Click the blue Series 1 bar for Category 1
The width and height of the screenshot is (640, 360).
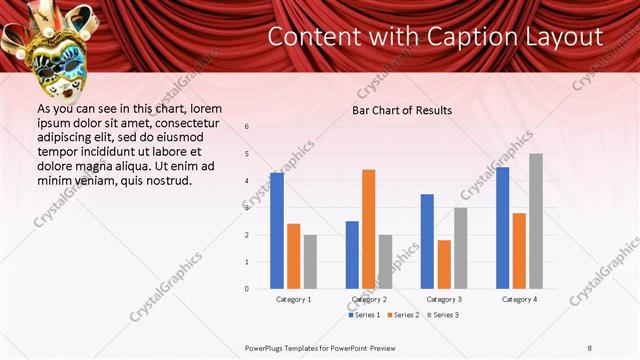click(x=277, y=231)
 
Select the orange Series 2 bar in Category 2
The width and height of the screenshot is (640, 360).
click(x=369, y=229)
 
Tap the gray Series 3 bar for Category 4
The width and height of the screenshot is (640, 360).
click(x=536, y=221)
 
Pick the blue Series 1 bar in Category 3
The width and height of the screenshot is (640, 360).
click(x=427, y=241)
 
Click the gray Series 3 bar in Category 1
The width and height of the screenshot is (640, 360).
click(x=310, y=262)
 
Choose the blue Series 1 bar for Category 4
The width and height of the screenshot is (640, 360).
click(x=502, y=228)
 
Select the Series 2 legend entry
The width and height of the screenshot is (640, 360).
click(x=404, y=315)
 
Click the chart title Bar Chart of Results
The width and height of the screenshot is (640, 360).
click(x=402, y=110)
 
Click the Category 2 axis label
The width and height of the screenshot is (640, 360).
click(x=369, y=299)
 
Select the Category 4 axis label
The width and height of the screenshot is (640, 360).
click(x=519, y=299)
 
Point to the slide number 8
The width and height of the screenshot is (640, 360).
click(x=590, y=347)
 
